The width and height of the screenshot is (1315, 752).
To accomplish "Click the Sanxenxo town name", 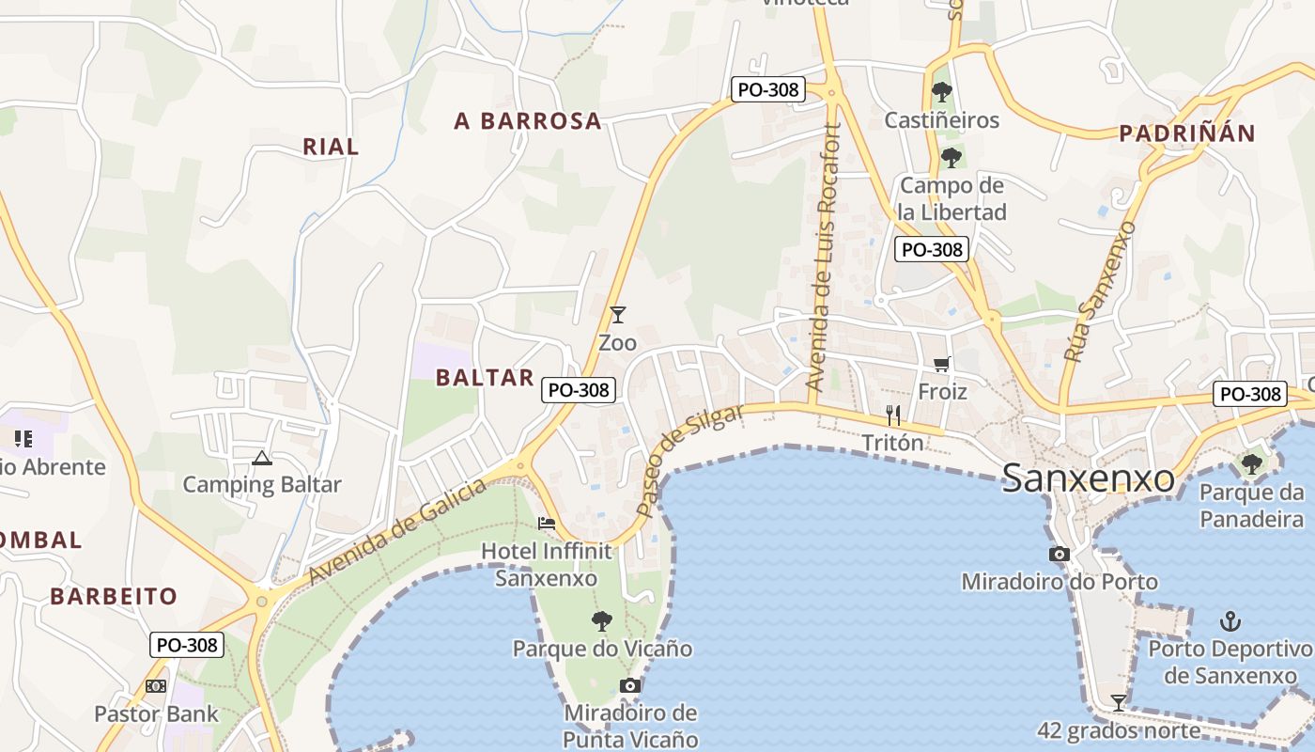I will [x=1088, y=478].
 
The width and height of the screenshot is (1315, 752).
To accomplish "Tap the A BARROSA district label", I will [x=527, y=121].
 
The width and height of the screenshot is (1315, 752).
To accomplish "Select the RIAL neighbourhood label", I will [x=331, y=147].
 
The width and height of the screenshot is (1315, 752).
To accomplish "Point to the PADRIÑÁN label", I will [x=1187, y=133].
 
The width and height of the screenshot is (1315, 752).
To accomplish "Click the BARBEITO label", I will [x=114, y=596].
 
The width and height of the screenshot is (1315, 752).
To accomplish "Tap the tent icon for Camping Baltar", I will [x=261, y=459].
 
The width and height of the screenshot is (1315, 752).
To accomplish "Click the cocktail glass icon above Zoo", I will [x=617, y=315].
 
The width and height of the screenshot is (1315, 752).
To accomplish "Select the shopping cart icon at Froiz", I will [x=941, y=364].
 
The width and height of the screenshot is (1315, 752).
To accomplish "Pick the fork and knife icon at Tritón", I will [x=893, y=415].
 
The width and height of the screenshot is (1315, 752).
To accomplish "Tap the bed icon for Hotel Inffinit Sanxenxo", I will [x=547, y=524].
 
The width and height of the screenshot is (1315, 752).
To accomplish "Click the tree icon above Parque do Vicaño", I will [x=602, y=621].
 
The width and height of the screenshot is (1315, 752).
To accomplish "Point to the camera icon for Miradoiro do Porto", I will [x=1060, y=555].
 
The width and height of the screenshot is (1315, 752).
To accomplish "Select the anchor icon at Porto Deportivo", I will [x=1230, y=621].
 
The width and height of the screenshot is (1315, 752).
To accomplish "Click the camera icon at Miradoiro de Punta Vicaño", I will [x=630, y=685].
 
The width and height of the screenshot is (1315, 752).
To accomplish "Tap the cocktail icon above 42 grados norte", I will [x=1118, y=702].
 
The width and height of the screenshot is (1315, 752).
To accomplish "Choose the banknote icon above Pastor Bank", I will [x=156, y=686].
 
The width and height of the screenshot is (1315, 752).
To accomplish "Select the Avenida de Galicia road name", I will [x=398, y=531].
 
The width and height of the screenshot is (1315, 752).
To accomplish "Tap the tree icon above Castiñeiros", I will [x=941, y=92].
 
